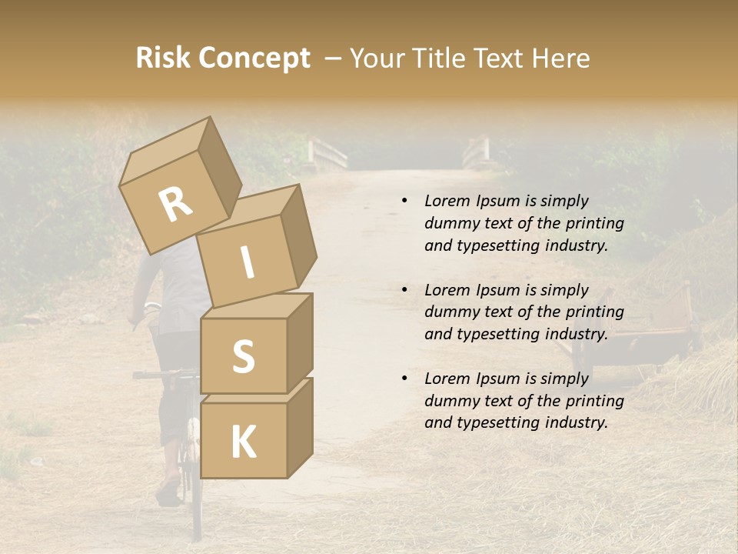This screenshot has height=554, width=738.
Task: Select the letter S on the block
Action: (x=243, y=357)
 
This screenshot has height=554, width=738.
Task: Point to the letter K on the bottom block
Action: (x=243, y=442)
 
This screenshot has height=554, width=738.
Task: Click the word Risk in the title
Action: (x=162, y=58)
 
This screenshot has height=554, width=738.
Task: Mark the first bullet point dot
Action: (x=404, y=201)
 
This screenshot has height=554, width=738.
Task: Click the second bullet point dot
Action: (x=404, y=290)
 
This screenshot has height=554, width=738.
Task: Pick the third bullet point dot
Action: (x=404, y=379)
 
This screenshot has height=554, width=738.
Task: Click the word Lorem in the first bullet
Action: (x=446, y=201)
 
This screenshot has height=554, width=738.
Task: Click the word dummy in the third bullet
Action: (x=450, y=401)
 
